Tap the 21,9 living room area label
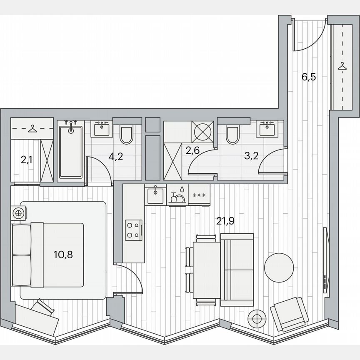(225, 221)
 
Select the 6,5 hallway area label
(308, 77)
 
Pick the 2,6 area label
(192, 151)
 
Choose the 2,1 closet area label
(26, 159)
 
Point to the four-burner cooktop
(134, 230)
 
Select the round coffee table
(280, 268)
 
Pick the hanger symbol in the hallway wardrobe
(342, 66)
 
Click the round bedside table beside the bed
(18, 213)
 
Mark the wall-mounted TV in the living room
(325, 258)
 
